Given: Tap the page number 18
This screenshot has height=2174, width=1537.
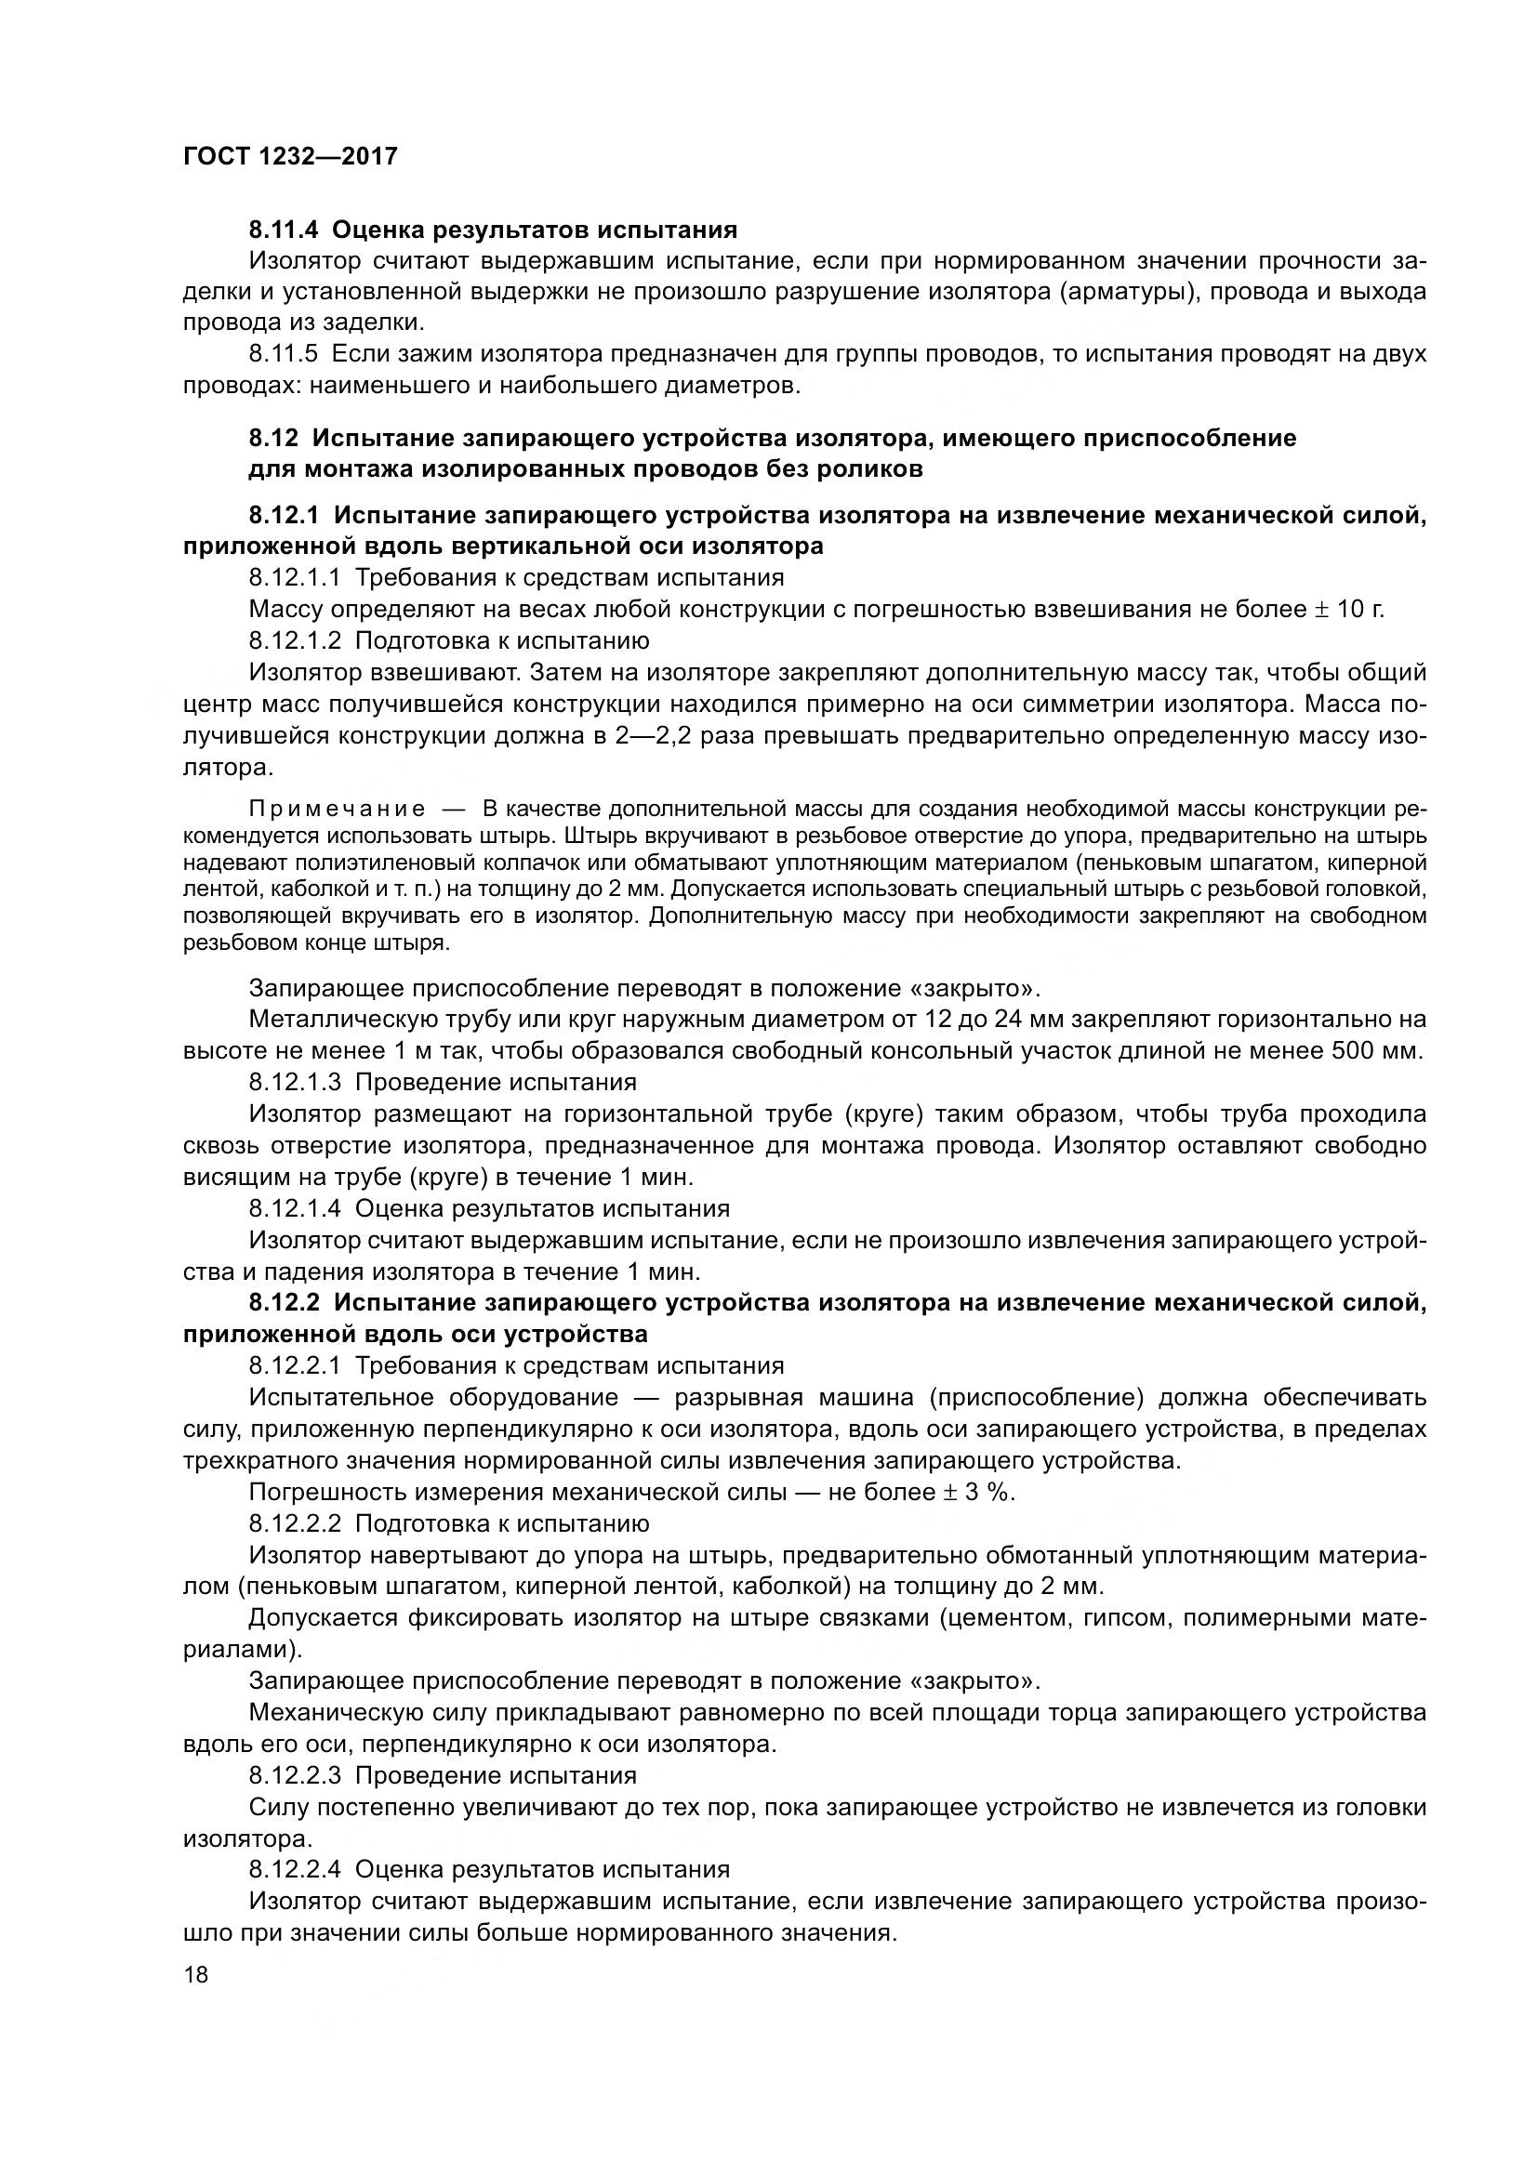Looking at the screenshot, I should [x=196, y=1974].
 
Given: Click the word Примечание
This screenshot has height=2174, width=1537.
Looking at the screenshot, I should [x=337, y=810].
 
